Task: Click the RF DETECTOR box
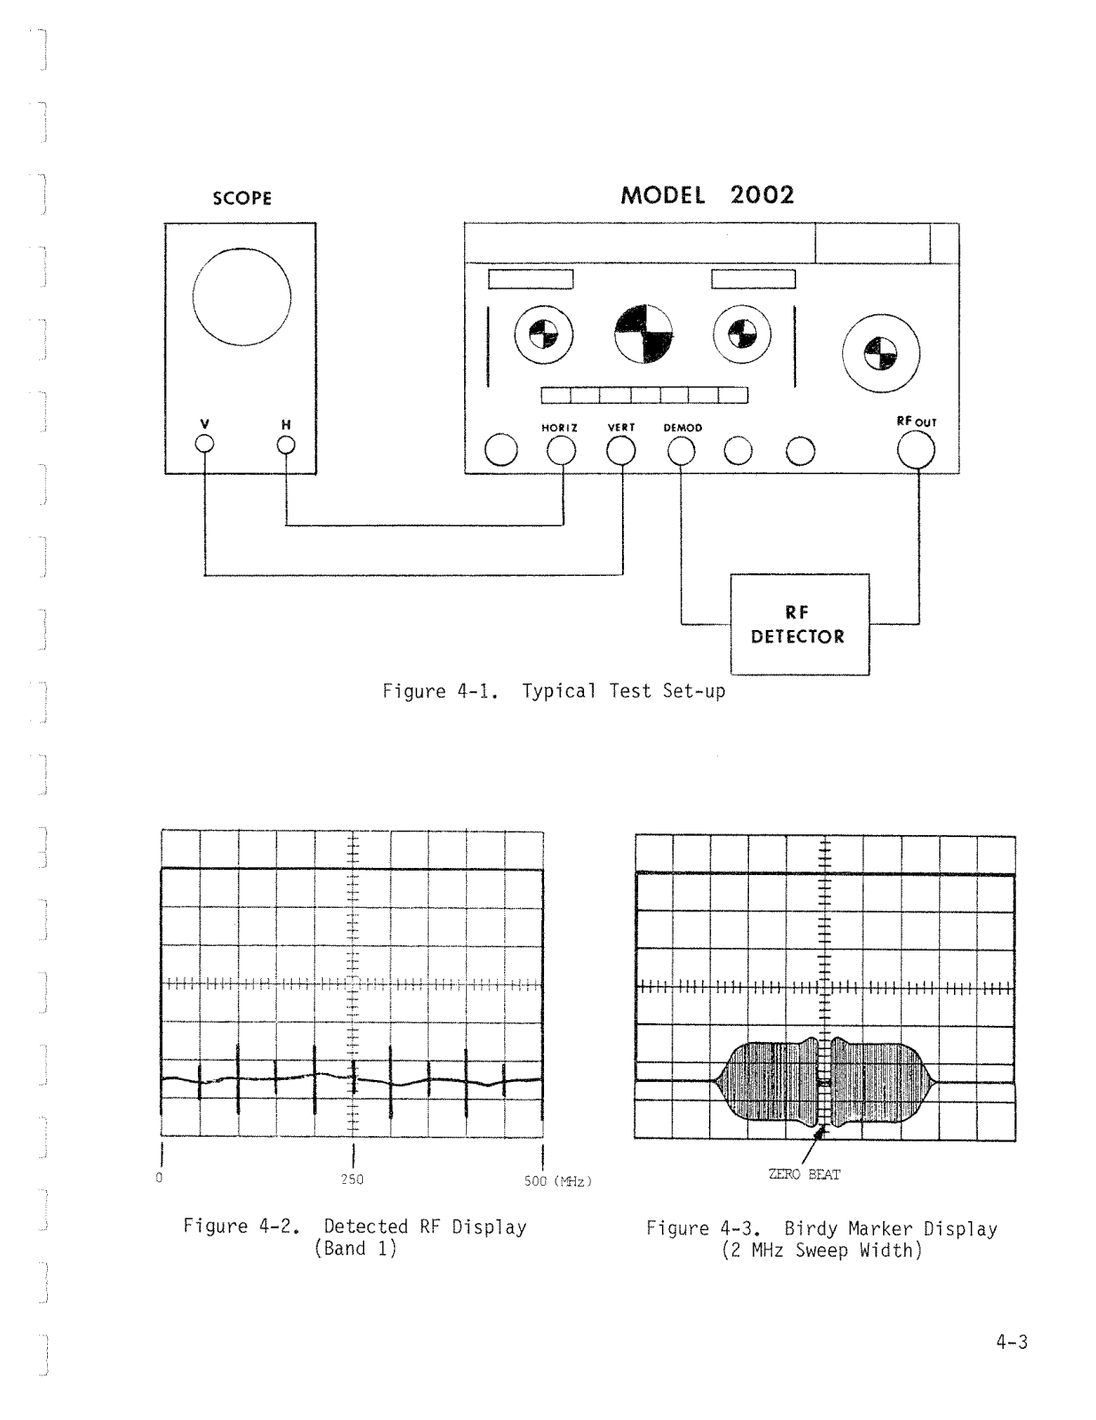(x=799, y=624)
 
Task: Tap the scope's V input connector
(x=205, y=444)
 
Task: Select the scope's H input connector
(x=286, y=444)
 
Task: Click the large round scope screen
(x=241, y=296)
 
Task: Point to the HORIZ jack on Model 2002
(x=561, y=451)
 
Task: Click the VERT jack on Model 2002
(x=621, y=451)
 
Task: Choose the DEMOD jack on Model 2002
(x=681, y=451)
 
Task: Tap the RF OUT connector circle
(x=916, y=451)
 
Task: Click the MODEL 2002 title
(x=707, y=195)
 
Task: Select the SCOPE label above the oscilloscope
(x=241, y=199)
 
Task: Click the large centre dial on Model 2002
(x=643, y=334)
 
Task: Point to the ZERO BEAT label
(x=804, y=1174)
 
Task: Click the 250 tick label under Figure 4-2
(x=352, y=1179)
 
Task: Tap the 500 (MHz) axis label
(x=557, y=1180)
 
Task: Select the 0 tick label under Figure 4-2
(x=160, y=1179)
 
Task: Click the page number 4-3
(x=1012, y=1343)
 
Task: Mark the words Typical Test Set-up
(x=623, y=690)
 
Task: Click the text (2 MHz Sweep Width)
(x=822, y=1250)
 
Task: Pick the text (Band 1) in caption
(x=355, y=1248)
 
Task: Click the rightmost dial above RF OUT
(x=880, y=352)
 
